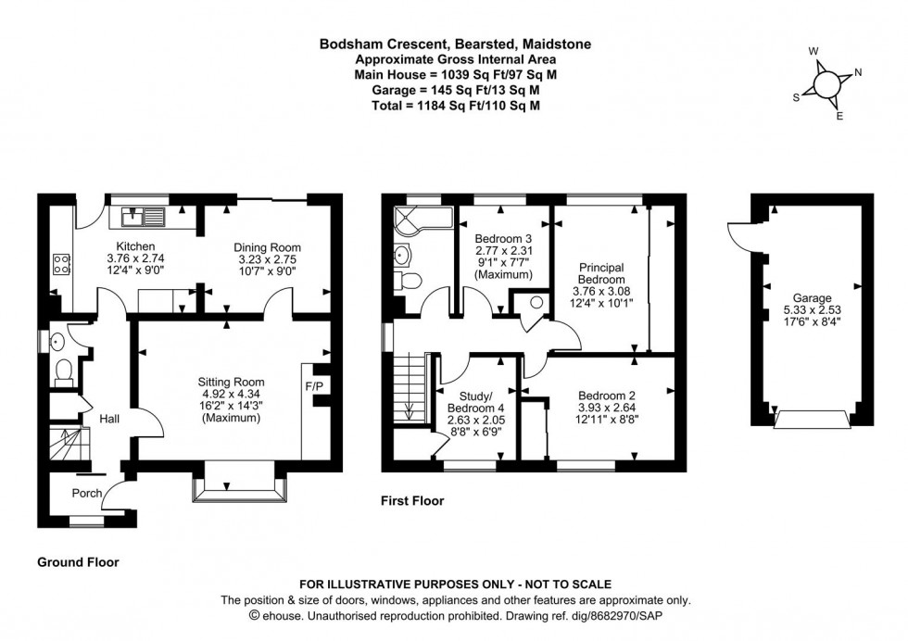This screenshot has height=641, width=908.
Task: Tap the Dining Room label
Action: click(267, 247)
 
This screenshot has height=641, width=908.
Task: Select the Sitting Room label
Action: click(231, 382)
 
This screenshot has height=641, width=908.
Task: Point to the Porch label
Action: click(87, 493)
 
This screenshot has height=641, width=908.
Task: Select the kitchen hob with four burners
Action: click(62, 264)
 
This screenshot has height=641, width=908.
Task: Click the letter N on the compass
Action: click(857, 72)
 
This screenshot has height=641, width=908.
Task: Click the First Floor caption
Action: click(412, 501)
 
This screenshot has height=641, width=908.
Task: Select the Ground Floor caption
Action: click(78, 561)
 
